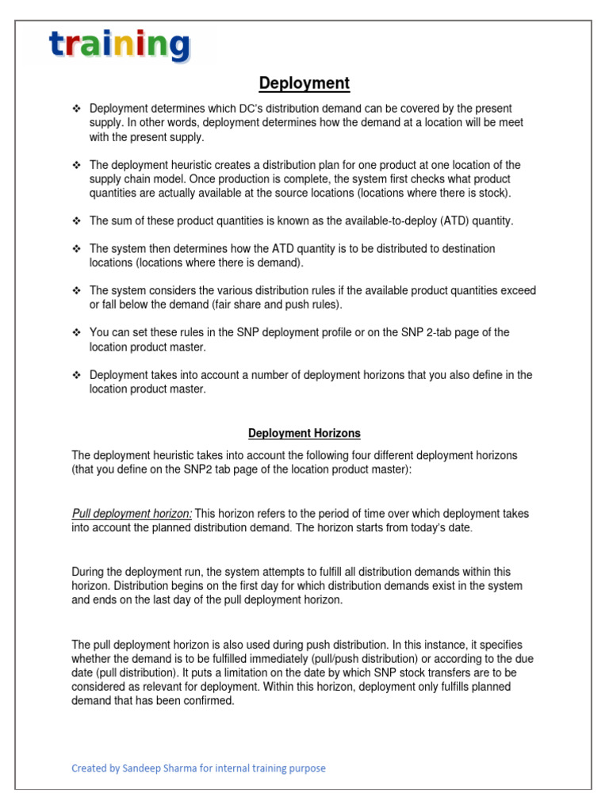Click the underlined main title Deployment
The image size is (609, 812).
tap(304, 83)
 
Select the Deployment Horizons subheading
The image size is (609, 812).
tap(304, 433)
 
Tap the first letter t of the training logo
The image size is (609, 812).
tap(59, 46)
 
